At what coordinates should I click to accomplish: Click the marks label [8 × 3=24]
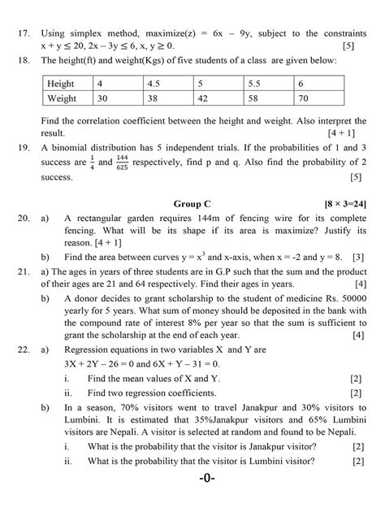(x=338, y=202)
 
